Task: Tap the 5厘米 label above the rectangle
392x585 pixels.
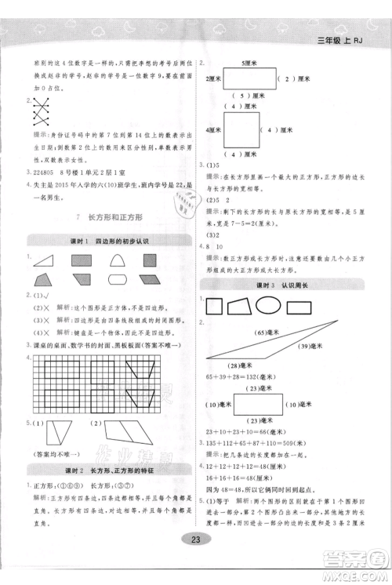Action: [250, 62]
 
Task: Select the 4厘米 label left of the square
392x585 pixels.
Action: [214, 129]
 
